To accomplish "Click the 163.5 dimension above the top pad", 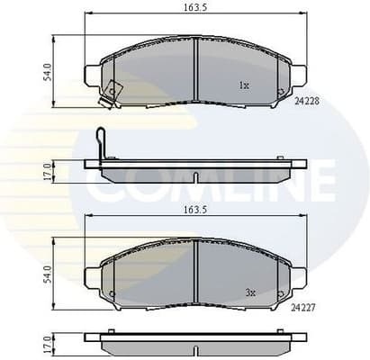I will tap(195, 9).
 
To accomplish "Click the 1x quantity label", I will tap(243, 85).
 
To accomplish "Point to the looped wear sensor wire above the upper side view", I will tap(102, 143).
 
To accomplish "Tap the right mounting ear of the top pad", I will tap(298, 74).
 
